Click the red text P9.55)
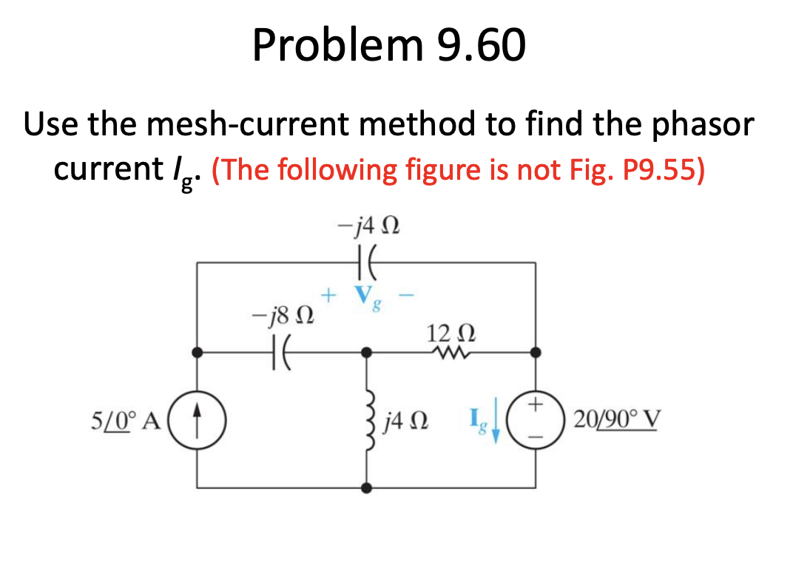pyautogui.click(x=656, y=170)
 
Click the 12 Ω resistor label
pyautogui.click(x=446, y=332)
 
